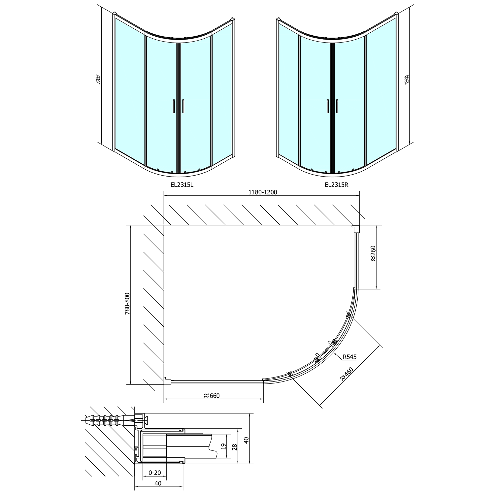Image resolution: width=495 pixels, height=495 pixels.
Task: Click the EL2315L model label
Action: [182, 185]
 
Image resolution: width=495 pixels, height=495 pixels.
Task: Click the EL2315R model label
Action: [336, 185]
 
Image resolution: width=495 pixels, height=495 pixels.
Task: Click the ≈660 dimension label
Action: [212, 396]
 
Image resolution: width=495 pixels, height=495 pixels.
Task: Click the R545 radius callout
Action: [349, 357]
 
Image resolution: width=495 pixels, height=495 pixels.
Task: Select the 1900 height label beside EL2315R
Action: [407, 80]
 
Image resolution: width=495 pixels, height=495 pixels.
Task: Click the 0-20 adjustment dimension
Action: [154, 473]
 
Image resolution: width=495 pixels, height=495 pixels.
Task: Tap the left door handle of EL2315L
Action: [174, 106]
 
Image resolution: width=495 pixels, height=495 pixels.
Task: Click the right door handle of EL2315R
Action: [337, 106]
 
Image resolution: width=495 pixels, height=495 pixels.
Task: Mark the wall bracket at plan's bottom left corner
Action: [167, 381]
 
